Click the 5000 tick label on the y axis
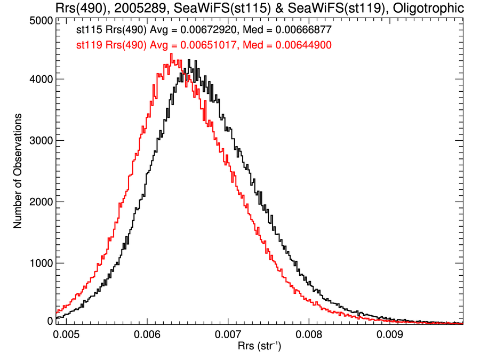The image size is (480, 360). (x=39, y=20)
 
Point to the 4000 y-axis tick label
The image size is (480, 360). (x=39, y=79)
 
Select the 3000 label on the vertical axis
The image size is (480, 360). (x=39, y=141)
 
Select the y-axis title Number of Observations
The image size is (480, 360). (x=18, y=171)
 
